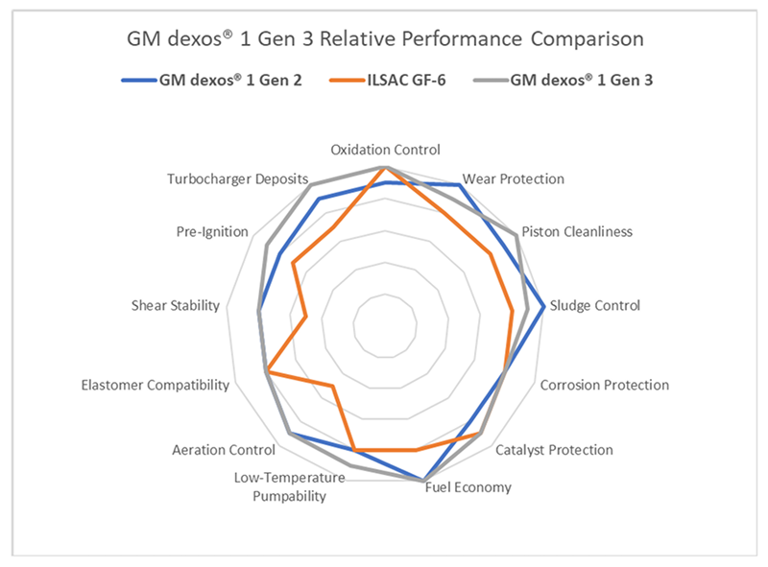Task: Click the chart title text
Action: click(x=385, y=40)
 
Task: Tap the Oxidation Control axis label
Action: click(x=385, y=150)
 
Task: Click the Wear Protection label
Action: click(x=513, y=178)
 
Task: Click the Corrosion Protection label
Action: click(x=605, y=385)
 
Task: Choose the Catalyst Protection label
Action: click(x=554, y=449)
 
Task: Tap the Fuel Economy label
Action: click(x=468, y=487)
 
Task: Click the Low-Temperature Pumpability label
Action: click(x=289, y=486)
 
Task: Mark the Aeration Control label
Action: click(x=217, y=449)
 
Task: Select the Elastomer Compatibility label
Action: click(x=156, y=385)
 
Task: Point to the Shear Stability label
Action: click(x=176, y=306)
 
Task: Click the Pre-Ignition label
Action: click(x=212, y=232)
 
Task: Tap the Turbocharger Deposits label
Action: click(x=237, y=179)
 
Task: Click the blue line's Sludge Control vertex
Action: click(x=544, y=307)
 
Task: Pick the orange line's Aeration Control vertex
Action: click(x=332, y=387)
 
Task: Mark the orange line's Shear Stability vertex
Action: click(x=306, y=316)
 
